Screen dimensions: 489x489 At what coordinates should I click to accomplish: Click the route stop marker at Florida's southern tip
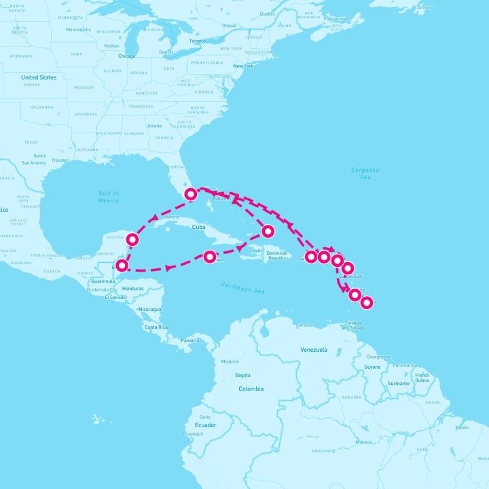click(x=192, y=194)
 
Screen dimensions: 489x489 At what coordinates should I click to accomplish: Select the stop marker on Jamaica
click(x=209, y=257)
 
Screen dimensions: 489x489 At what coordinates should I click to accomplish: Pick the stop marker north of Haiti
click(x=268, y=230)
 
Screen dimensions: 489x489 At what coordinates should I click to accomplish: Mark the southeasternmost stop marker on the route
click(x=367, y=302)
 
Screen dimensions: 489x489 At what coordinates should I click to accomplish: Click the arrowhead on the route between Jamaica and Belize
click(x=167, y=268)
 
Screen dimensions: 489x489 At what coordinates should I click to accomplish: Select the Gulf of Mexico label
click(x=108, y=197)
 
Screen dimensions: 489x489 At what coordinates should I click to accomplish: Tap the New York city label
click(x=243, y=66)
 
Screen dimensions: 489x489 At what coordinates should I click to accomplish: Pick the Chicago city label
click(x=127, y=56)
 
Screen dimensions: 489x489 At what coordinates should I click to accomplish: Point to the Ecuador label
click(x=205, y=425)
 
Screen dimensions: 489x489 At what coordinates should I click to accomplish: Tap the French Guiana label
click(x=422, y=378)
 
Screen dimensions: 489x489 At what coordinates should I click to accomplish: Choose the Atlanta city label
click(x=155, y=126)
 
